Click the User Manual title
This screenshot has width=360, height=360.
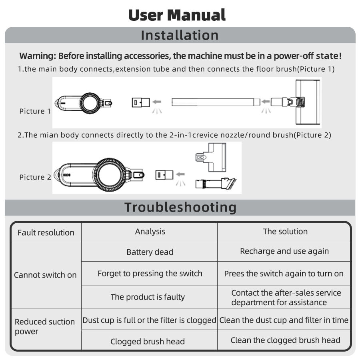point(177,15)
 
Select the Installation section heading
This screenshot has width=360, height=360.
point(180,35)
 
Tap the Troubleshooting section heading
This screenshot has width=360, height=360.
point(180,207)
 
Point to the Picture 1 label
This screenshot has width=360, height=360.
point(35,111)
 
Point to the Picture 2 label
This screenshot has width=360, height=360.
point(35,177)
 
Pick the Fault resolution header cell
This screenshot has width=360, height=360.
point(46,232)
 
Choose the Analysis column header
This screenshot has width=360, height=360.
point(150,231)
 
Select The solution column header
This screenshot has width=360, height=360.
point(285,231)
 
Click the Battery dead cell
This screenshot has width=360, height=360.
point(150,252)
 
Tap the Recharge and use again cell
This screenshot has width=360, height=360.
point(284,251)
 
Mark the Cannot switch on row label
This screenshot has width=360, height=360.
point(45,275)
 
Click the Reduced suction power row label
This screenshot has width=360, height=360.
point(45,326)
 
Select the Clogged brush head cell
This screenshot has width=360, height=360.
point(148,342)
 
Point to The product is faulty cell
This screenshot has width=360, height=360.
point(148,297)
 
